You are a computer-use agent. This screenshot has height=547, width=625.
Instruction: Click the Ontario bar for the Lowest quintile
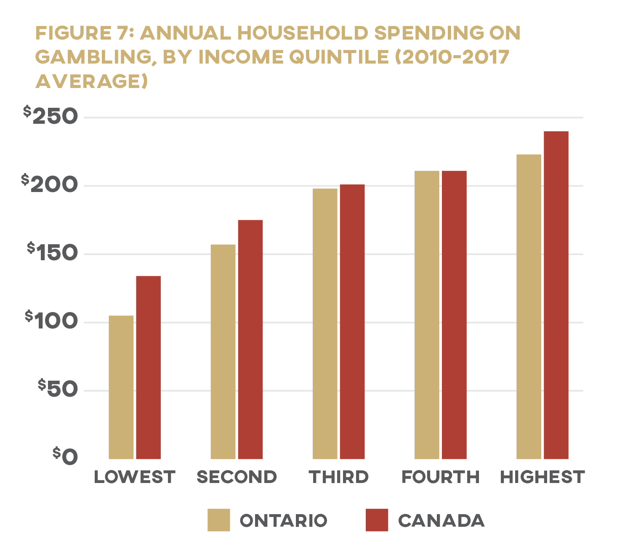click(121, 387)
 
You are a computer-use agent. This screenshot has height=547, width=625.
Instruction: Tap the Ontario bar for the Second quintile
click(223, 352)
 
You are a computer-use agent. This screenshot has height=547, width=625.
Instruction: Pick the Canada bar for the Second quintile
click(250, 339)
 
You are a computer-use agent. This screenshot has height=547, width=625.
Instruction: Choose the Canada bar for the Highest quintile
click(556, 295)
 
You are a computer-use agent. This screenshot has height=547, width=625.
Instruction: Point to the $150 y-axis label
click(53, 252)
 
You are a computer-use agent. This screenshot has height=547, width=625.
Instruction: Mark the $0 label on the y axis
click(65, 457)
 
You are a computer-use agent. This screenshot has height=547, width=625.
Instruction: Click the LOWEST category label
click(134, 477)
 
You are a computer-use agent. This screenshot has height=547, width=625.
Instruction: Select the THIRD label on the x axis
click(338, 477)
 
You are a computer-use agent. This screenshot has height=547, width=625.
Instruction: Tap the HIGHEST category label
click(542, 477)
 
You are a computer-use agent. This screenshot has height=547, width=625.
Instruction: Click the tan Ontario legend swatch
click(218, 520)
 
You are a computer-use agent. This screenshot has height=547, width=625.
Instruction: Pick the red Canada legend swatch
click(377, 520)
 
